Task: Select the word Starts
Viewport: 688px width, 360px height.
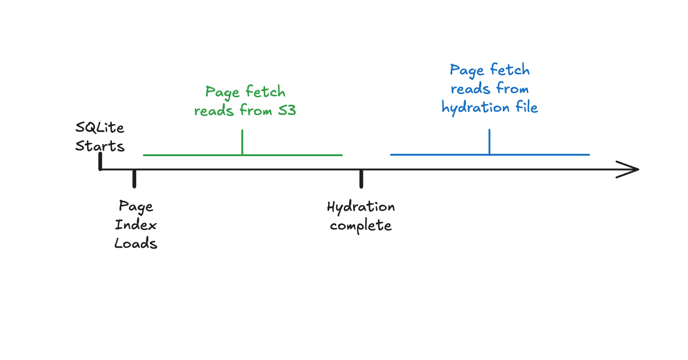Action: pos(100,146)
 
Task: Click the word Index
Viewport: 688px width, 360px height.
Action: pos(136,225)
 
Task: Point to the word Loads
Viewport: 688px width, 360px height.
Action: pos(136,243)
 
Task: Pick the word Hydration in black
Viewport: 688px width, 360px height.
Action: pos(361,207)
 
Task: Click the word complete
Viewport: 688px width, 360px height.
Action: pos(361,226)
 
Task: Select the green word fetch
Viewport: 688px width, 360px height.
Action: pos(265,92)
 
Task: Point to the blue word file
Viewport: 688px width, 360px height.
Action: pos(526,107)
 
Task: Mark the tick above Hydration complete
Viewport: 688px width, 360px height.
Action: pos(361,179)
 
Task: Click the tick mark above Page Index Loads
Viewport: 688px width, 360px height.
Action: pos(134,179)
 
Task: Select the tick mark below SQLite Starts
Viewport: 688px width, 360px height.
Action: pos(100,161)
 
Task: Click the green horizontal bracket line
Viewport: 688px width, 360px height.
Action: pos(187,155)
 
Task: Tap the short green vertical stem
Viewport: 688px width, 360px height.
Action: pos(242,142)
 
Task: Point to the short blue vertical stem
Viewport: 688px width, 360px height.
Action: pos(489,141)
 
